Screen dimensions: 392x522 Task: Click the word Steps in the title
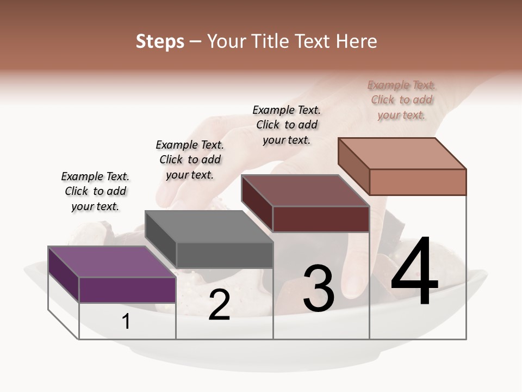pyautogui.click(x=160, y=41)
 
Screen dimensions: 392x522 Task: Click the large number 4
pyautogui.click(x=414, y=272)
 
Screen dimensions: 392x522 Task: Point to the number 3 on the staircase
pyautogui.click(x=319, y=289)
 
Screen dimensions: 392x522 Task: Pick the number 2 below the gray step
pyautogui.click(x=219, y=305)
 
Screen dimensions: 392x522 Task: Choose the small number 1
pyautogui.click(x=126, y=322)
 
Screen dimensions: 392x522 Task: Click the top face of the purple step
pyautogui.click(x=112, y=262)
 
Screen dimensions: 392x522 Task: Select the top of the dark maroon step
pyautogui.click(x=305, y=191)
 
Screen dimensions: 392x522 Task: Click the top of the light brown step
pyautogui.click(x=402, y=154)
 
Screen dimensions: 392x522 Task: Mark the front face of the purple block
pyautogui.click(x=127, y=290)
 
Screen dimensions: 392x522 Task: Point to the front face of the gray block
pyautogui.click(x=224, y=255)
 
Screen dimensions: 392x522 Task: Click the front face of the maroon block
pyautogui.click(x=321, y=219)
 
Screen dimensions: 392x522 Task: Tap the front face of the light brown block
pyautogui.click(x=418, y=182)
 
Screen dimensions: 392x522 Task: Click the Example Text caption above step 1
pyautogui.click(x=95, y=191)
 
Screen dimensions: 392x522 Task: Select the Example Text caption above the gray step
pyautogui.click(x=190, y=160)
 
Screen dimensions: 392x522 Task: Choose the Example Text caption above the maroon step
pyautogui.click(x=287, y=125)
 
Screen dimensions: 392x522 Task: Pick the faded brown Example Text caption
pyautogui.click(x=402, y=100)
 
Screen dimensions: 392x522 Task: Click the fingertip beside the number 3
pyautogui.click(x=355, y=283)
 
